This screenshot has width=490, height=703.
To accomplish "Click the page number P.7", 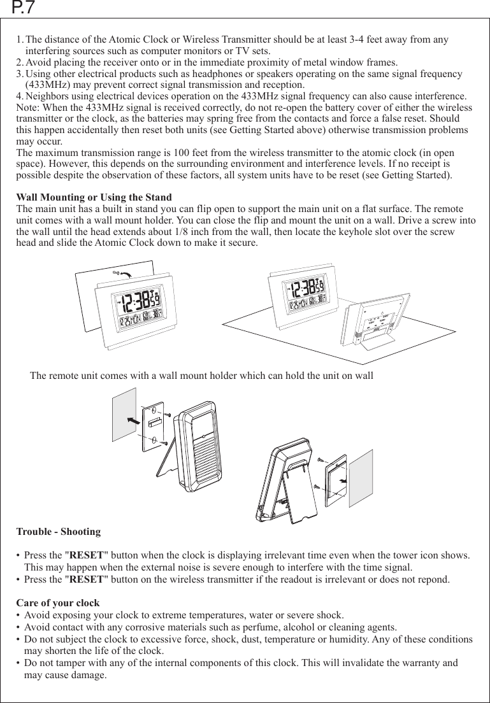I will click(24, 9).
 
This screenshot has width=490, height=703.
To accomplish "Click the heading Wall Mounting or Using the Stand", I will click(94, 197).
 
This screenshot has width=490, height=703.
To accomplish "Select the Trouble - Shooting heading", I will click(58, 532).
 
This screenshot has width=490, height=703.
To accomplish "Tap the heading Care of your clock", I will click(57, 603).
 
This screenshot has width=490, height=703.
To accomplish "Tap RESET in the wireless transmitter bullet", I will click(86, 580).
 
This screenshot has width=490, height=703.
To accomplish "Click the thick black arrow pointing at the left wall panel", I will click(133, 420).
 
